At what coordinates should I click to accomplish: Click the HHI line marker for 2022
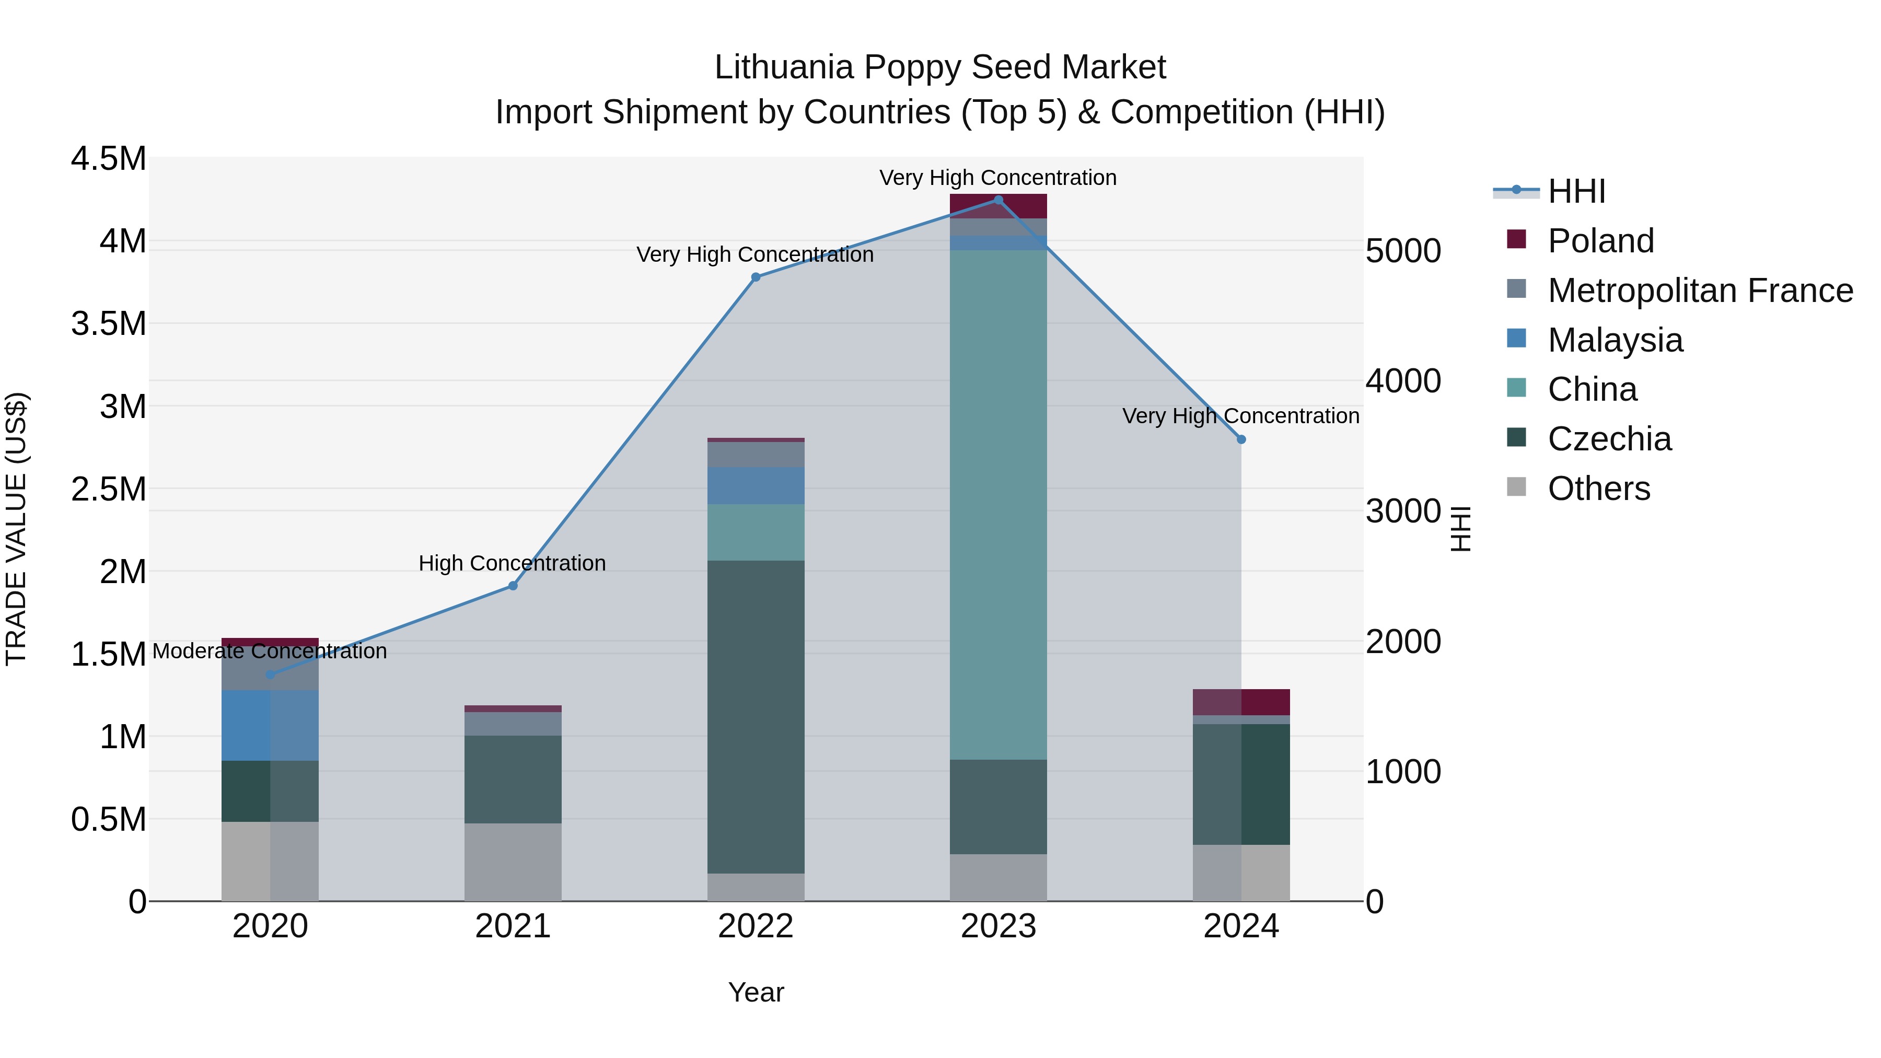[756, 277]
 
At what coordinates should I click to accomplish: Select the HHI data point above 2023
[998, 200]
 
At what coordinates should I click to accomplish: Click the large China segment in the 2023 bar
[998, 504]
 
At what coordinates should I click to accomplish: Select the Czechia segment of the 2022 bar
[756, 716]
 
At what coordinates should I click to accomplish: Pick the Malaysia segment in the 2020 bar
[270, 725]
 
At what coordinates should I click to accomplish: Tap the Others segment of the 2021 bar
[513, 862]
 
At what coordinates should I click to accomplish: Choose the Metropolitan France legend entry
[1699, 290]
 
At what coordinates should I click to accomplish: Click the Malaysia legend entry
[1615, 340]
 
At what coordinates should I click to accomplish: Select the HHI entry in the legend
[1576, 191]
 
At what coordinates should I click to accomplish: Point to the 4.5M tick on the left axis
[108, 159]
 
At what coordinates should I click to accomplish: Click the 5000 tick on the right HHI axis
[1403, 251]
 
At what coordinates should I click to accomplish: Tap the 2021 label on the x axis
[513, 926]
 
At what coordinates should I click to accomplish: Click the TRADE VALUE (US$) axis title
[17, 529]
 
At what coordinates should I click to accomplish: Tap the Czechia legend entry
[1609, 439]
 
